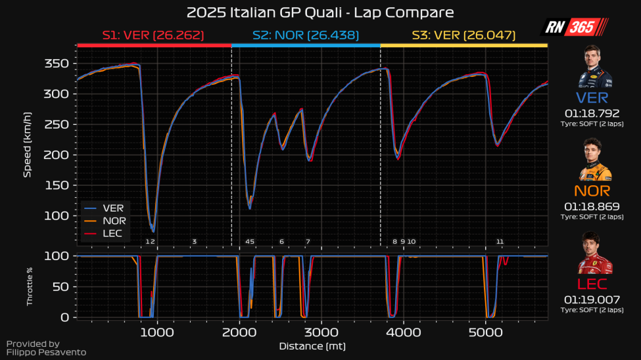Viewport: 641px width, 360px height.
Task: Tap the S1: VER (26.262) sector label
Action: (x=153, y=35)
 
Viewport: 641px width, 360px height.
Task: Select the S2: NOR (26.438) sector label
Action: (x=305, y=35)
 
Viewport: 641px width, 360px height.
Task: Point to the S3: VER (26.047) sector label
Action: (x=463, y=35)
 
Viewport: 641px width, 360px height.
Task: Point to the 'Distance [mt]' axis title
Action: (x=312, y=346)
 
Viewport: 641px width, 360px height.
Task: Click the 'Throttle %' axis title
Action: (x=29, y=286)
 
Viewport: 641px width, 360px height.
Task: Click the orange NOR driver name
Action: (x=592, y=191)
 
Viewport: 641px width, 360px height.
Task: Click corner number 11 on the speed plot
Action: (x=500, y=242)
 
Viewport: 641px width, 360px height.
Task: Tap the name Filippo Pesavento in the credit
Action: (x=46, y=353)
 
